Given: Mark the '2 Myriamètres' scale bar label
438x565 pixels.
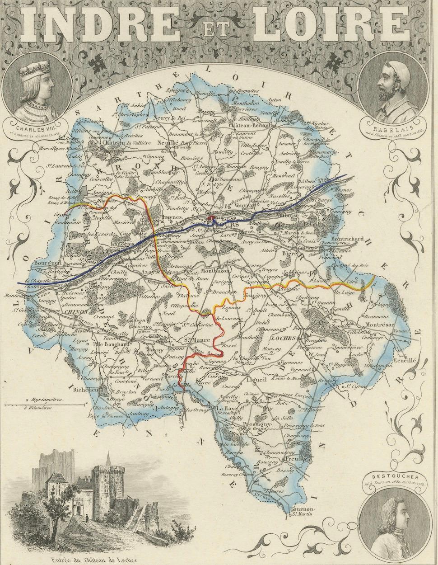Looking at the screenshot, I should tap(45, 400).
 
